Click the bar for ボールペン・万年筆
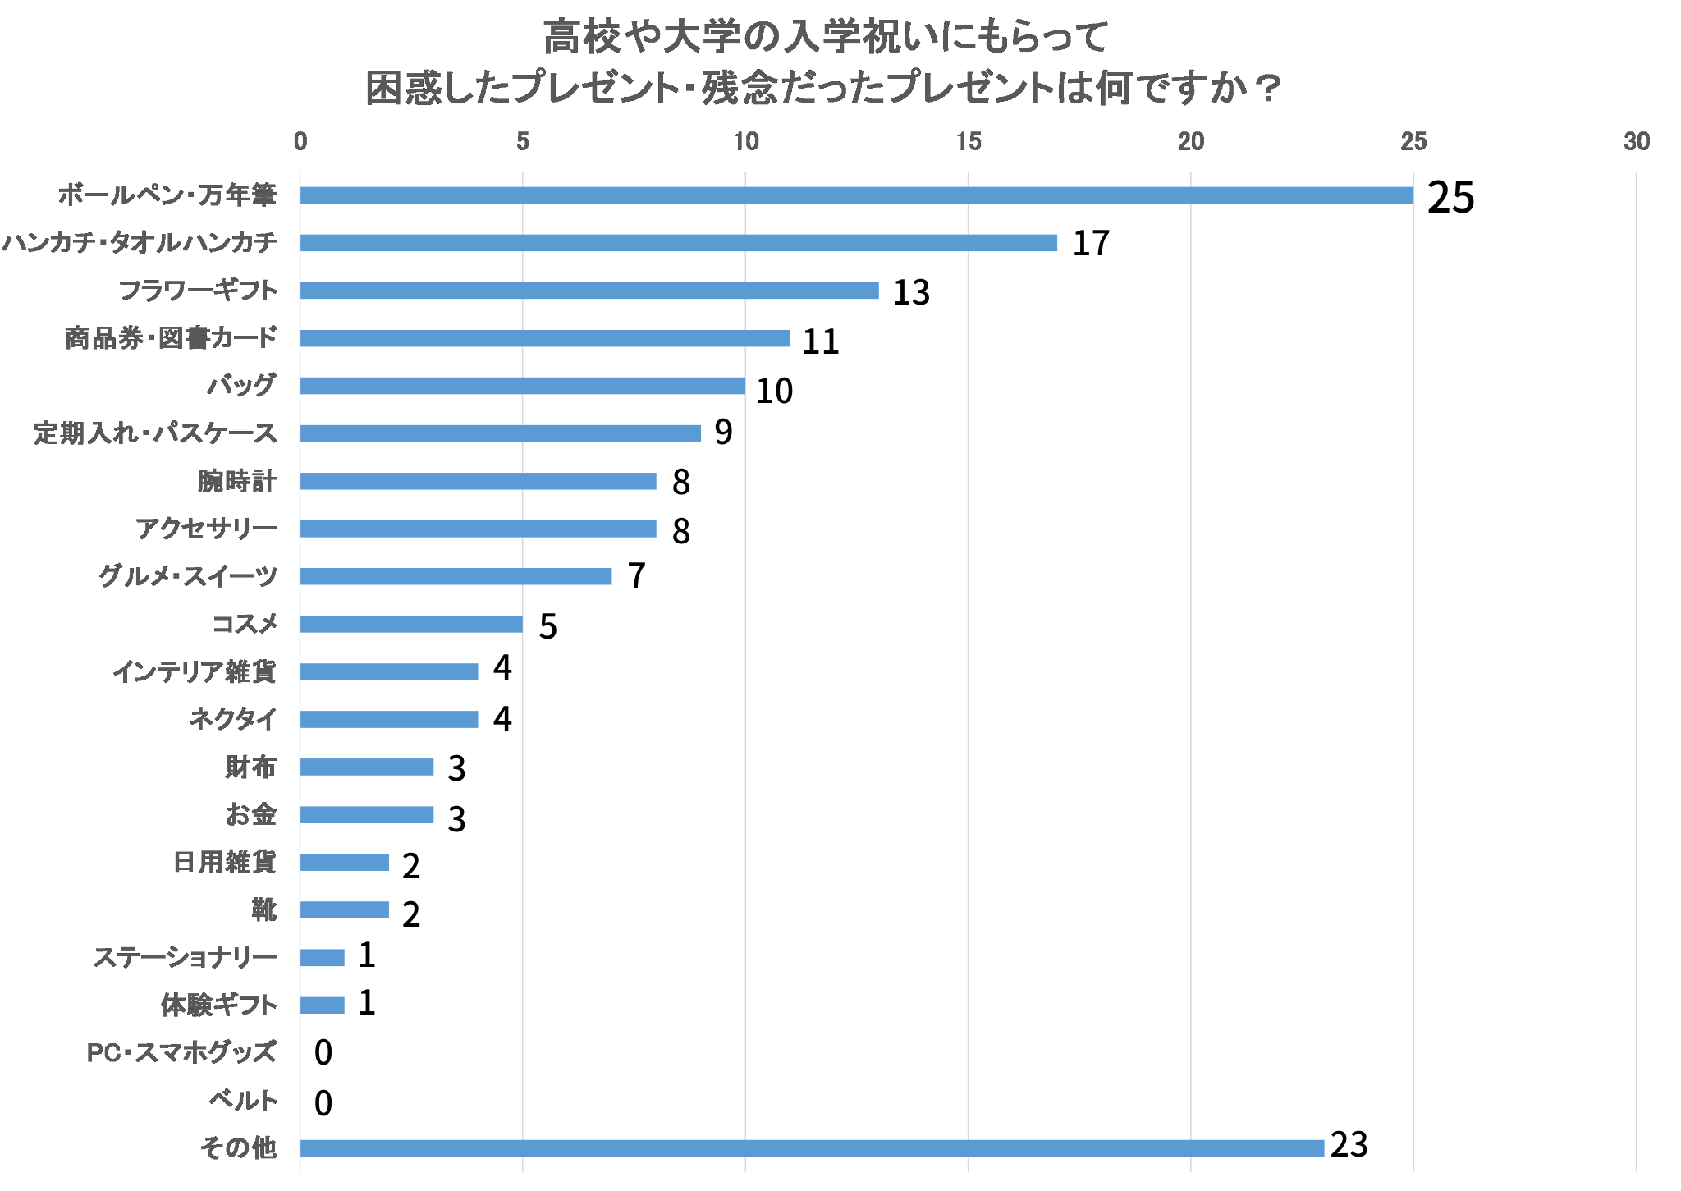856,195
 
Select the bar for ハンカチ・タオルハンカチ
678,243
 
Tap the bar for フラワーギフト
589,291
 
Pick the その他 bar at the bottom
811,1148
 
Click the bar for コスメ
410,624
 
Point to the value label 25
1450,198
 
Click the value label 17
1091,244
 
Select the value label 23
1349,1145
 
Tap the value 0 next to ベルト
323,1103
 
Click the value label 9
722,432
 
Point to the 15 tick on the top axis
969,142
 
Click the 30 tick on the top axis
1636,142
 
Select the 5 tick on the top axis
523,142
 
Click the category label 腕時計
236,481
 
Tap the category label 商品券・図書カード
171,338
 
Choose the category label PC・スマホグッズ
181,1052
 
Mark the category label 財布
250,767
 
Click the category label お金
250,814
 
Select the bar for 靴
344,909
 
